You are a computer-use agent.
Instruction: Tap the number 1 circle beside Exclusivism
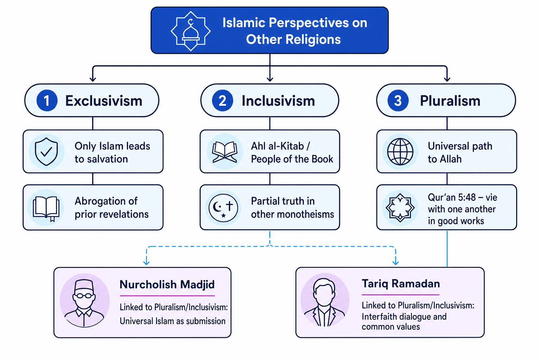tap(47, 101)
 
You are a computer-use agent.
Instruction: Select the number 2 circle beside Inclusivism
tap(222, 101)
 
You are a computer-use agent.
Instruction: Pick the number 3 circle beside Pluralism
tap(398, 101)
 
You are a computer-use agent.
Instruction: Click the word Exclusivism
tap(104, 101)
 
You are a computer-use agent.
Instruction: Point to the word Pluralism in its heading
tap(450, 101)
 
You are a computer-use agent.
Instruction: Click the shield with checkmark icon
tap(46, 152)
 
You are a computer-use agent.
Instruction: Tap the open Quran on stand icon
tap(224, 152)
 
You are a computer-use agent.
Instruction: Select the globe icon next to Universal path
tap(400, 152)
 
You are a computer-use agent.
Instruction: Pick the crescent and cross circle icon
tap(224, 208)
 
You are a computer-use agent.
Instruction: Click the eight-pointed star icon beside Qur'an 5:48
tap(400, 208)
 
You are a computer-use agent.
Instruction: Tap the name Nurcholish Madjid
tap(167, 284)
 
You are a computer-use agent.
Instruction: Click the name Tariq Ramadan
tap(401, 284)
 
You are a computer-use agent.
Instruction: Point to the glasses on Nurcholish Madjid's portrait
tap(84, 296)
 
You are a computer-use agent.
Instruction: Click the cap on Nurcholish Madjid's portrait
tap(84, 285)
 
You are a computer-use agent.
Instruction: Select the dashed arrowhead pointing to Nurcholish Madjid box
tap(146, 262)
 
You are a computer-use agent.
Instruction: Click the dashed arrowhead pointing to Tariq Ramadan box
tap(396, 262)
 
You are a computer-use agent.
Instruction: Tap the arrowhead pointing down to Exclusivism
tap(93, 79)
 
